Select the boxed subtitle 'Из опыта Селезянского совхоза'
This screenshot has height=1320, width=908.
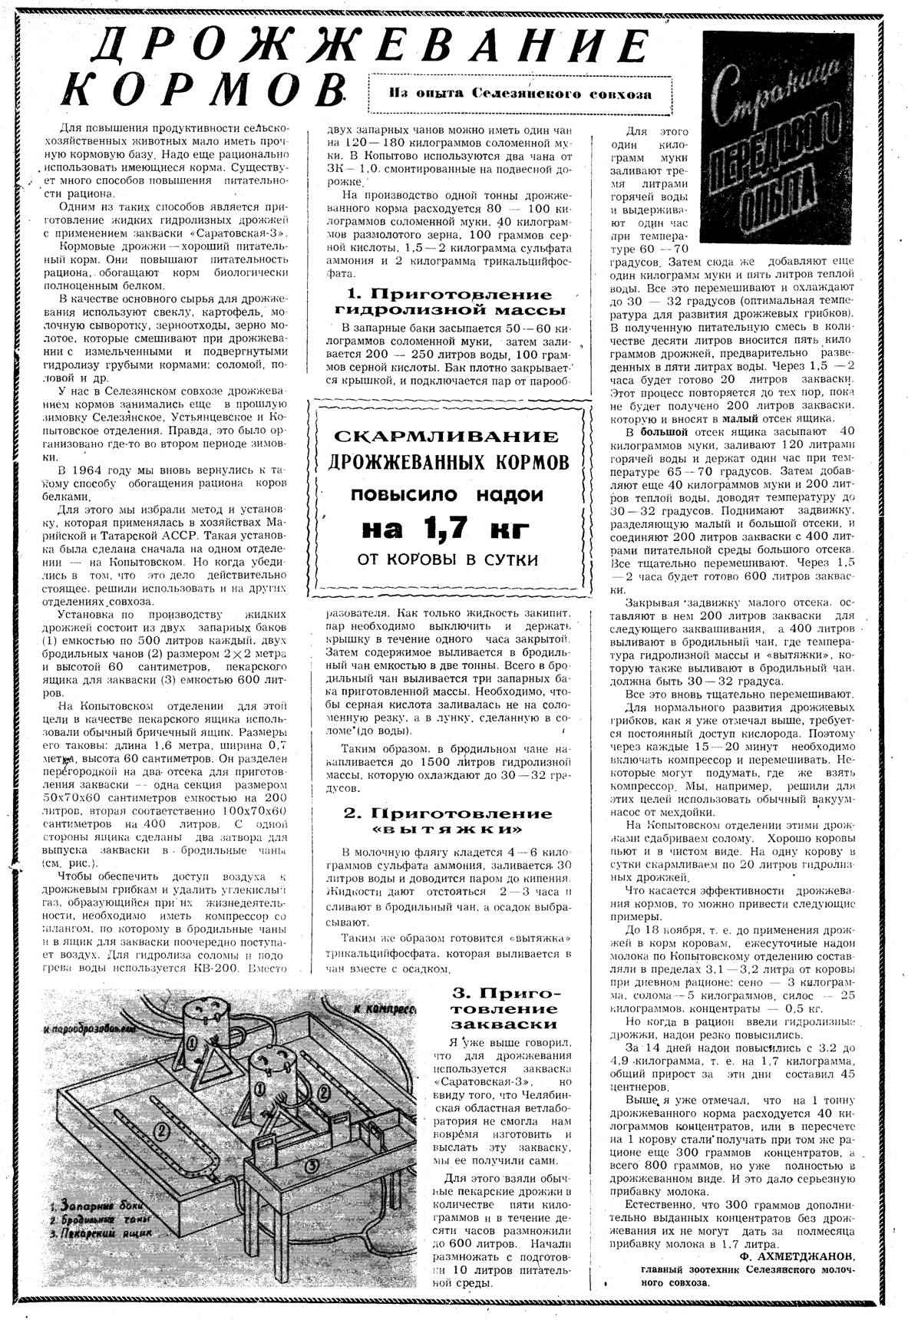pyautogui.click(x=520, y=94)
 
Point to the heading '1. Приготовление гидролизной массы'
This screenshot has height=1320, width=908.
pyautogui.click(x=450, y=302)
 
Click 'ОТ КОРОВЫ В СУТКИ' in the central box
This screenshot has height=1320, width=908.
pyautogui.click(x=448, y=559)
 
